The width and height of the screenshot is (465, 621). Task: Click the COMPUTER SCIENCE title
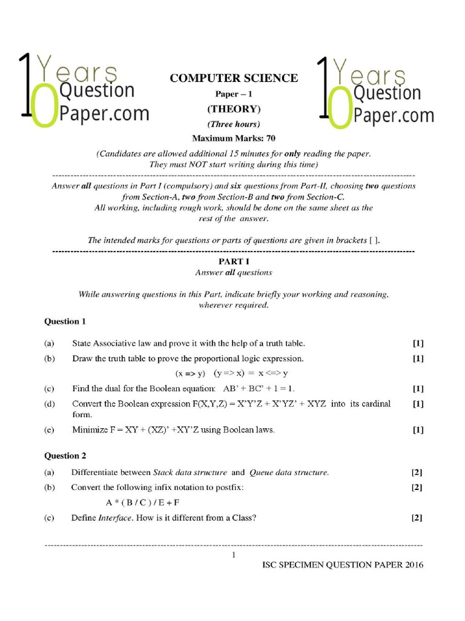(234, 78)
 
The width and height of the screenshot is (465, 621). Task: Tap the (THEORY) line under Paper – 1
(234, 109)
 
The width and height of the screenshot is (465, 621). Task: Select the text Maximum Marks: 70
(234, 138)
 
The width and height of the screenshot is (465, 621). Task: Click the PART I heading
(234, 262)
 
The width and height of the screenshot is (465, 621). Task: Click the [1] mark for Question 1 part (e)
(418, 430)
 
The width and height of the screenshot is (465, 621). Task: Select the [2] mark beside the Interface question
(417, 518)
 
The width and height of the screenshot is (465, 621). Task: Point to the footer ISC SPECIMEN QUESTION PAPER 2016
(343, 565)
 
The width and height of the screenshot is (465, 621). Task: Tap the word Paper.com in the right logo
(393, 115)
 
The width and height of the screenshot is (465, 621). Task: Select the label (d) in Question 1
(49, 403)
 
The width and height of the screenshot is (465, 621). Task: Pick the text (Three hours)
(234, 124)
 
